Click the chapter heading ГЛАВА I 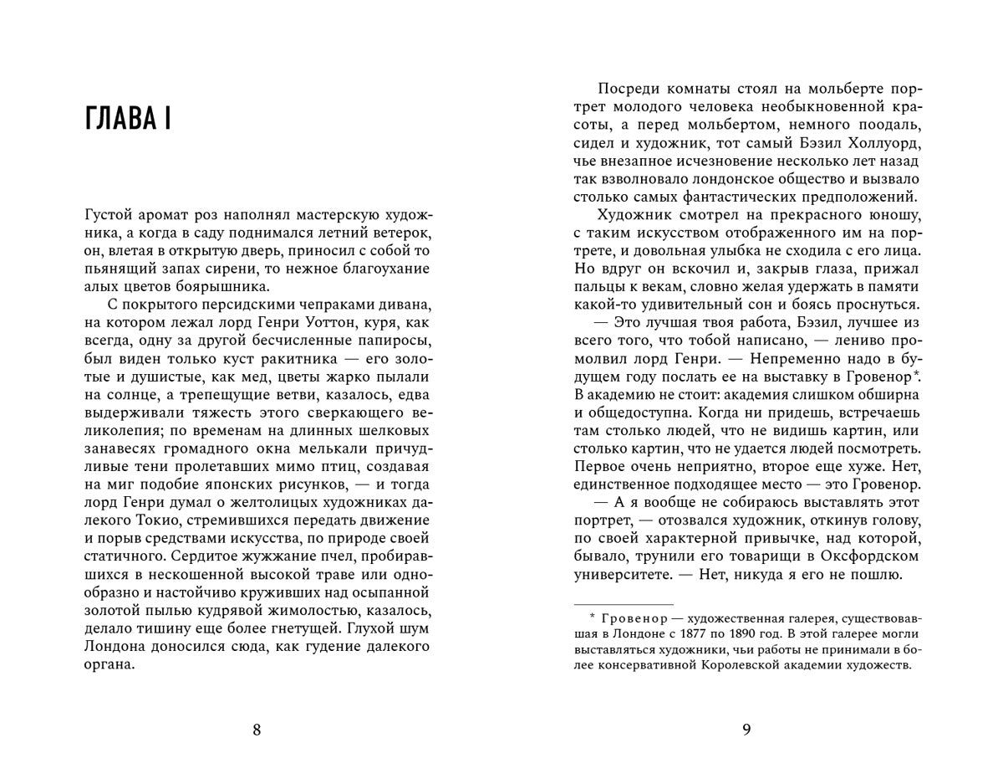[x=128, y=120]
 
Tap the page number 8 [x=257, y=730]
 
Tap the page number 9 [x=746, y=730]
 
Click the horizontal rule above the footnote [x=624, y=603]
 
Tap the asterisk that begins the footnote [x=591, y=616]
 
